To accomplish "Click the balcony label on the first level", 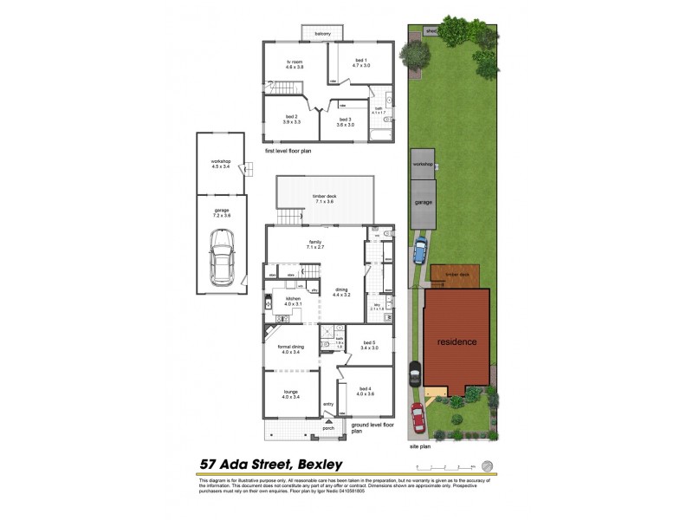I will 323,34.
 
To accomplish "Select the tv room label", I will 295,64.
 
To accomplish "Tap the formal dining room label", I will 290,349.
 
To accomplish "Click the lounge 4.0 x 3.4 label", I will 290,394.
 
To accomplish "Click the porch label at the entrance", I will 328,428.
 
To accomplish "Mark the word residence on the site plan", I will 456,341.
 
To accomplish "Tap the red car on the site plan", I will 418,418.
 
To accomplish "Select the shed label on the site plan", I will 431,31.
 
